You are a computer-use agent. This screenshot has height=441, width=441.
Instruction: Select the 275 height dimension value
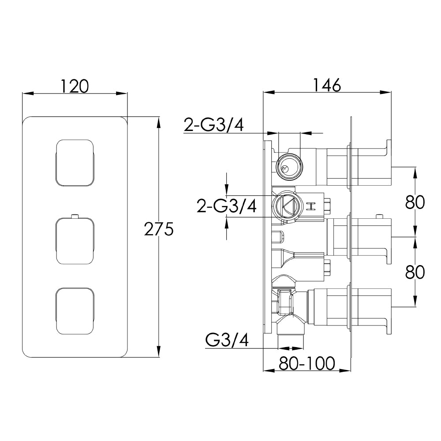[x=159, y=229]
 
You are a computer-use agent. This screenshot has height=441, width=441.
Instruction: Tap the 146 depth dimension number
[x=327, y=85]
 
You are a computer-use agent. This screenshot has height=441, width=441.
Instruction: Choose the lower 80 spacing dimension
[x=415, y=272]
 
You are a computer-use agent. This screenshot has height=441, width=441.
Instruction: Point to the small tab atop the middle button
[x=75, y=216]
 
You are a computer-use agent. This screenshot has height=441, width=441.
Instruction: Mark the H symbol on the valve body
[x=312, y=206]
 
